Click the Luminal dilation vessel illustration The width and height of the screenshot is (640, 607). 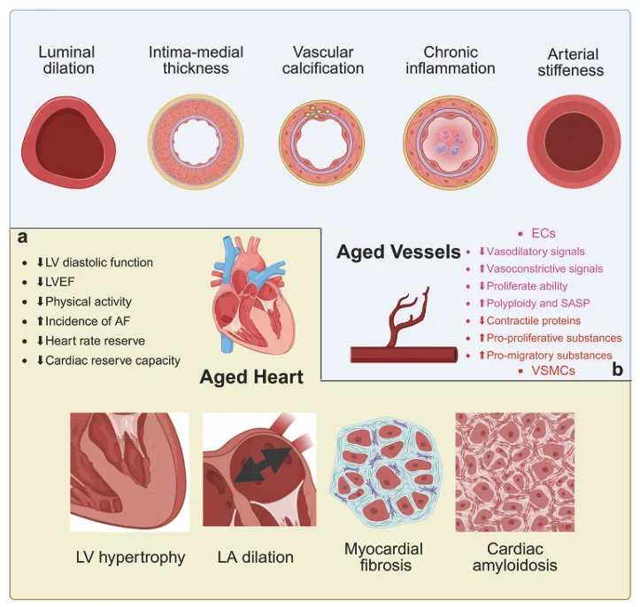coord(68,143)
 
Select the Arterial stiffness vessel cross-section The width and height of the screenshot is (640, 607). coord(574,142)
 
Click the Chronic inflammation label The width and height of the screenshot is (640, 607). coord(451,60)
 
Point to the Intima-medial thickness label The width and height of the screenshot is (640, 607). coord(196,60)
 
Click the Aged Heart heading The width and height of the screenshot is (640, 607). coord(251,377)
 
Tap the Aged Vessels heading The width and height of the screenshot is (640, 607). coord(398,252)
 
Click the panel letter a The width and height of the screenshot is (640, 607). coord(22,237)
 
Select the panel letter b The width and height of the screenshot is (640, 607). coord(618,370)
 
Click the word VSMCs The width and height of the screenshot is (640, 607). coord(553,371)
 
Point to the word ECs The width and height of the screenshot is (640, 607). coord(544,233)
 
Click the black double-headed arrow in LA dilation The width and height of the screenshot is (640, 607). coord(264,464)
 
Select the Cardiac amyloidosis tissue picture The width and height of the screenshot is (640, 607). coord(515,471)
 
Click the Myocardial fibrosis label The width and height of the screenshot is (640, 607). coord(383,556)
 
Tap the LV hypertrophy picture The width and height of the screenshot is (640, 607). coord(129,471)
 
